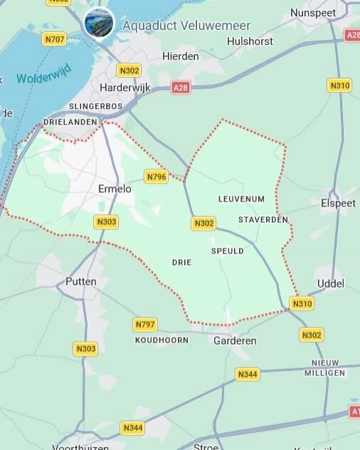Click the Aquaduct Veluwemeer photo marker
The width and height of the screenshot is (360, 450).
tap(99, 24)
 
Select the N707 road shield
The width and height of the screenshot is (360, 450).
tap(53, 38)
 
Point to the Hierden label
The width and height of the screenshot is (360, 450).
tap(180, 56)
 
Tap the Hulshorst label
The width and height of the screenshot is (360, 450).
tap(250, 41)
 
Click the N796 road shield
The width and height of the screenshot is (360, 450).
tap(156, 176)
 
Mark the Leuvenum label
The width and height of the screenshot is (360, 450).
tap(241, 199)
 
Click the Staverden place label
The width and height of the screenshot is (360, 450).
tap(263, 219)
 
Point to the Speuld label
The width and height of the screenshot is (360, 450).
tap(228, 251)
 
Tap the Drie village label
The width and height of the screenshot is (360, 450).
tap(182, 262)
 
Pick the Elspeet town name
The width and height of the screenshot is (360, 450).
tap(338, 203)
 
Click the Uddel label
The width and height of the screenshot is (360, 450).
tap(329, 283)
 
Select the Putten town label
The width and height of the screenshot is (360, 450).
tap(80, 281)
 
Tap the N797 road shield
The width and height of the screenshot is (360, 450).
tap(145, 325)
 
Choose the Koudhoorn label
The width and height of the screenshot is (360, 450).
tap(162, 340)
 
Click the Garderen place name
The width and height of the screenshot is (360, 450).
tap(235, 341)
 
